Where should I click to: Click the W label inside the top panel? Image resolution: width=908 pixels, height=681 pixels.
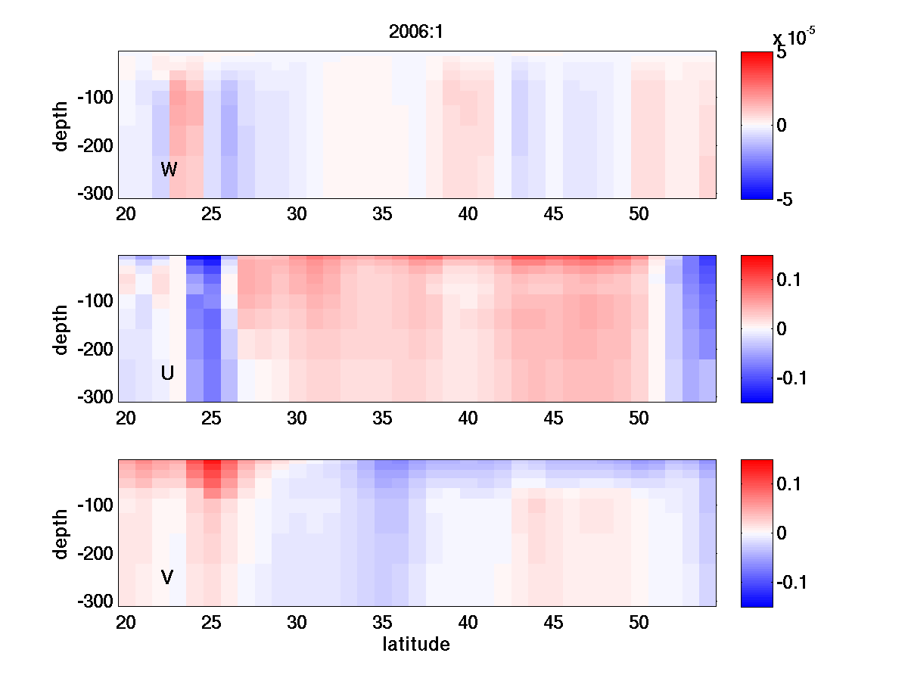169,169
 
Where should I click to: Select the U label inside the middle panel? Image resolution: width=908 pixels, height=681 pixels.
168,373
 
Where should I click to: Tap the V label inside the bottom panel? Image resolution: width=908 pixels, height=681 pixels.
167,577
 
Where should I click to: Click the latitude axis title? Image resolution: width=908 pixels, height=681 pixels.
416,645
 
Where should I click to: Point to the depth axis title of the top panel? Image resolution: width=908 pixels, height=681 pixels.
61,125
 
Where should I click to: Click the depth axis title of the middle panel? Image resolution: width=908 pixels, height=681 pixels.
61,328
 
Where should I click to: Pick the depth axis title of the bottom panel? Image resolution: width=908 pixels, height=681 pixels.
61,533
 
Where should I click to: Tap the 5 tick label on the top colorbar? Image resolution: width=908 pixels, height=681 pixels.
782,54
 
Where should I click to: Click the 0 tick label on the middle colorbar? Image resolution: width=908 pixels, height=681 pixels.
782,328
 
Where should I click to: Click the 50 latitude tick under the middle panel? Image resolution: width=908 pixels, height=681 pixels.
639,418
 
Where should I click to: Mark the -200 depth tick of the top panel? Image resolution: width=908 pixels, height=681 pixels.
93,146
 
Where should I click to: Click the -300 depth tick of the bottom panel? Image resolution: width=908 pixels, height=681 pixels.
93,602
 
